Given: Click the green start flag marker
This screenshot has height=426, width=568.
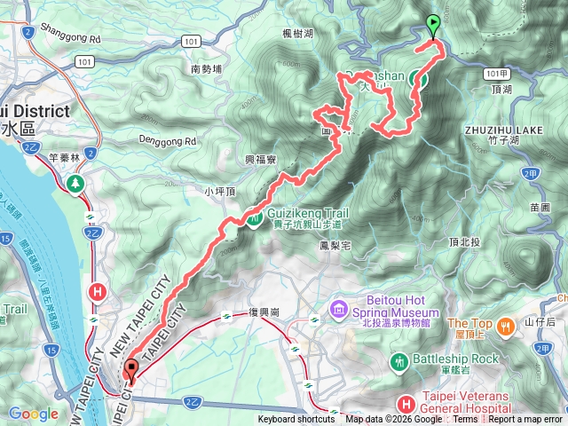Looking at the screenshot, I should pos(433,25).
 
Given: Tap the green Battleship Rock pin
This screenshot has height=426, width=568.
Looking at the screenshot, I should pos(399,362).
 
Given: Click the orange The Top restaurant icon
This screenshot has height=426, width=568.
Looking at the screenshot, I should pos(506,326).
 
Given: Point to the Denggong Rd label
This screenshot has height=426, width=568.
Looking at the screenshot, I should pos(165,141).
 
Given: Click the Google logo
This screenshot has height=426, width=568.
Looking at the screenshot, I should pos(33,414).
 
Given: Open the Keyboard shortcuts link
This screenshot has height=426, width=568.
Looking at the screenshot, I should pos(296,420).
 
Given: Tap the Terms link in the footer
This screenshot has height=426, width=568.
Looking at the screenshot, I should pos(465,420).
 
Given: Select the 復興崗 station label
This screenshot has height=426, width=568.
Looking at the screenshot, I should pos(263,314).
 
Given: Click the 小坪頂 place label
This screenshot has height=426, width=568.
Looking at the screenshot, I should pos(217,191).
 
